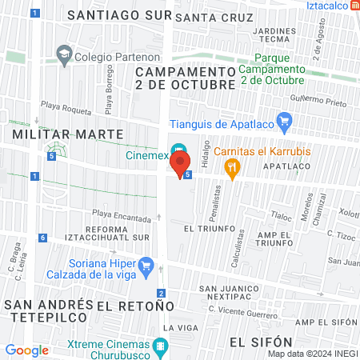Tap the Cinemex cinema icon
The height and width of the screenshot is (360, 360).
pos(181,150)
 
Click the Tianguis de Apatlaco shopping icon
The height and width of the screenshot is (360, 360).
pos(284,122)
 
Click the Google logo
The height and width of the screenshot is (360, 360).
pos(26,350)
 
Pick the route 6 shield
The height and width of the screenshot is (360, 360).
pos(41,238)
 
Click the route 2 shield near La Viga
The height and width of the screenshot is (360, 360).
pos(162,293)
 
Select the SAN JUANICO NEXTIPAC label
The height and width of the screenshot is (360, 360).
pos(230,293)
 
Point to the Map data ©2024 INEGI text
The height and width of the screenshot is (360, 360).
pos(311,354)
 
